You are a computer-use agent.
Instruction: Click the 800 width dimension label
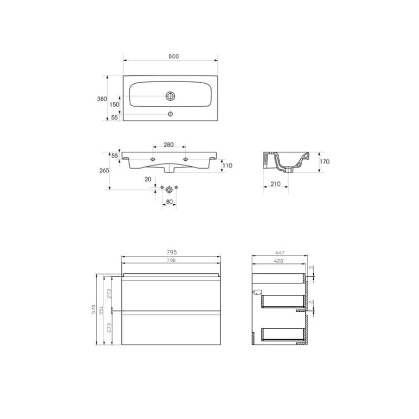click(171, 56)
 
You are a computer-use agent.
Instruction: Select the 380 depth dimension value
click(102, 98)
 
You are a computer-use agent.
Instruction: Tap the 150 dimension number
click(114, 104)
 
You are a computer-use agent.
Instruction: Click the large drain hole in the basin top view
click(170, 96)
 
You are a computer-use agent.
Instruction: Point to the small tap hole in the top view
click(170, 114)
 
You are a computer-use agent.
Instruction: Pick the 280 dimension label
click(168, 145)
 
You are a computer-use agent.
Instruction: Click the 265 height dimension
click(103, 170)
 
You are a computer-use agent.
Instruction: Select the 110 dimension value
click(227, 166)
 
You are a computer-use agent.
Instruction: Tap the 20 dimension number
click(148, 180)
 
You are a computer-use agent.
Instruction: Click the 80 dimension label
click(169, 202)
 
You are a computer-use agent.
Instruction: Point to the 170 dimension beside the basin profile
click(324, 162)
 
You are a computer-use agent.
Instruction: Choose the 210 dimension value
click(275, 184)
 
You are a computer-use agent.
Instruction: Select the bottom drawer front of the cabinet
click(171, 328)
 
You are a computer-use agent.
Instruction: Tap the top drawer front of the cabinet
click(171, 296)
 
